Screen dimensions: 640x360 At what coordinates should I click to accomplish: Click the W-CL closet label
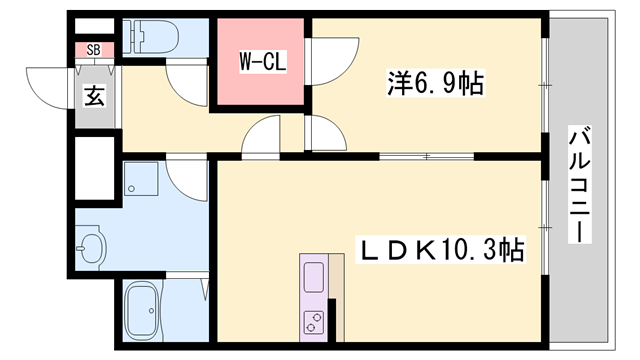click(263, 62)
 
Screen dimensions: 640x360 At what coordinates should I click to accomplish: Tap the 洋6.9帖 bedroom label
click(436, 83)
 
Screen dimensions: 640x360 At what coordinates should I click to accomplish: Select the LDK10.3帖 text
click(440, 249)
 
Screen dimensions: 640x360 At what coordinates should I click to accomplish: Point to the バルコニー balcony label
click(580, 184)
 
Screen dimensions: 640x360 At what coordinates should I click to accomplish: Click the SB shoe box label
click(93, 50)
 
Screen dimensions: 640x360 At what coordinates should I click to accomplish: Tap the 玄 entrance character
click(94, 96)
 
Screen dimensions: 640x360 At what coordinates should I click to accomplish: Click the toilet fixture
click(151, 37)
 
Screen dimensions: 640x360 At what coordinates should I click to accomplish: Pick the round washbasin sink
click(91, 248)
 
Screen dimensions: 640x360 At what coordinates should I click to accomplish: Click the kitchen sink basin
click(314, 278)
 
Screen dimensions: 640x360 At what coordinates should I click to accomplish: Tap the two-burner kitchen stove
click(313, 322)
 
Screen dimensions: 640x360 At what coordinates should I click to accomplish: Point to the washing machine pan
click(141, 179)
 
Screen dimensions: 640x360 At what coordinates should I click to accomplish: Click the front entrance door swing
click(51, 88)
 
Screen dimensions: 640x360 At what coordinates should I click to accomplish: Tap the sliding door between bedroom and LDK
click(427, 156)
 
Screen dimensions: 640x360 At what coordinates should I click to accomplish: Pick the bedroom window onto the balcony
click(545, 85)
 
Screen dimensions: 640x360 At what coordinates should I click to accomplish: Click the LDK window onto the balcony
click(545, 227)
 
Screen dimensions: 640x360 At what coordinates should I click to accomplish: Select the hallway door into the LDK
click(261, 137)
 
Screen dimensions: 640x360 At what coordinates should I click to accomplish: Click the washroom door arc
click(187, 180)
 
